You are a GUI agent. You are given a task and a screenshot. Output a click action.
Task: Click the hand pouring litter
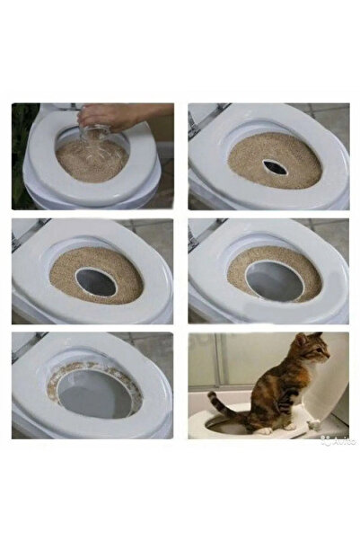tap(117, 116)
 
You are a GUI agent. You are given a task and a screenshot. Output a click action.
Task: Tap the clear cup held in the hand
tap(95, 135)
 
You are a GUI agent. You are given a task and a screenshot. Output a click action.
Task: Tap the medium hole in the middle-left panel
tap(96, 281)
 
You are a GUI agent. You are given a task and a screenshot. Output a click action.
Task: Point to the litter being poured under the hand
tap(90, 157)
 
